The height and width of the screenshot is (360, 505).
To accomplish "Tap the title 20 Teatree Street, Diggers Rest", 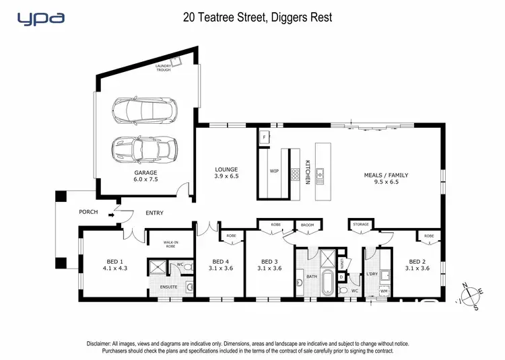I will tap(257, 17).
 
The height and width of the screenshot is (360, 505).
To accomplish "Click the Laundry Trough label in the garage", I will tap(164, 68).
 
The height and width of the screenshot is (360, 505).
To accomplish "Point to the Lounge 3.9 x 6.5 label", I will tap(227, 172).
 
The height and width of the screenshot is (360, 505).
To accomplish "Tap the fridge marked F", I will tap(263, 137).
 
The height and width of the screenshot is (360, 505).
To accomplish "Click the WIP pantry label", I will tap(274, 172).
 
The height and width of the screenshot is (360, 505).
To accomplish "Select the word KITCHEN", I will tap(307, 172).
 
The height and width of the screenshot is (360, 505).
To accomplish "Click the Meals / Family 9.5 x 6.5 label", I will tap(386, 178).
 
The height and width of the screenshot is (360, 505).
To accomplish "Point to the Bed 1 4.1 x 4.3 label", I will tap(114, 264).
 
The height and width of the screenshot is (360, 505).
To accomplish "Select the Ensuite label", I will tap(168, 287).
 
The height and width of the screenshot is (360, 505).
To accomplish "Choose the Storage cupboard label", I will tap(360, 224).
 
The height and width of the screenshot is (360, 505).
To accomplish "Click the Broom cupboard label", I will tap(308, 224).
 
